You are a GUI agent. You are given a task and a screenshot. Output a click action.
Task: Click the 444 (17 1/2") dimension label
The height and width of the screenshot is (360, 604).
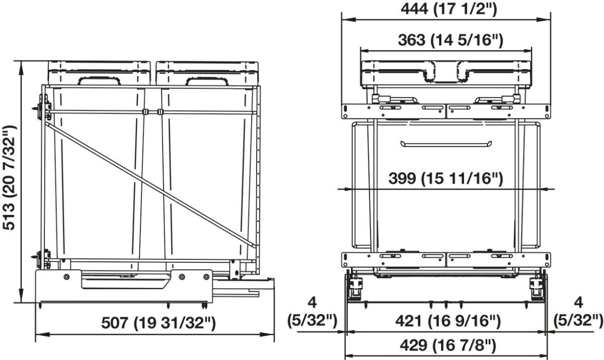pyautogui.click(x=448, y=9)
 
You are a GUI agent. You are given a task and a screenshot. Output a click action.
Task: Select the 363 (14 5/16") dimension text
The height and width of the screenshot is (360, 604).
pyautogui.click(x=450, y=40)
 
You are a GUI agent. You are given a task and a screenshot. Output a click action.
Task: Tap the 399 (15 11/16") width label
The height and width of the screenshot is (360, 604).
pyautogui.click(x=446, y=178)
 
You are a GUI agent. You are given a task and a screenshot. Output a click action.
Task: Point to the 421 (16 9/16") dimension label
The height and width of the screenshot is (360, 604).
pyautogui.click(x=448, y=321)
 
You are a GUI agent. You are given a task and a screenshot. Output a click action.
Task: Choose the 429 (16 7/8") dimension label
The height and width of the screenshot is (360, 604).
pyautogui.click(x=448, y=345)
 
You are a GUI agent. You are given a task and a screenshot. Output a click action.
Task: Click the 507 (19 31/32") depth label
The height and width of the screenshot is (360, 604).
pyautogui.click(x=159, y=323)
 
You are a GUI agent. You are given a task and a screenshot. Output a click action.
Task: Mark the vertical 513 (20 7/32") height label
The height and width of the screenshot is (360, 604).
pyautogui.click(x=10, y=178)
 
